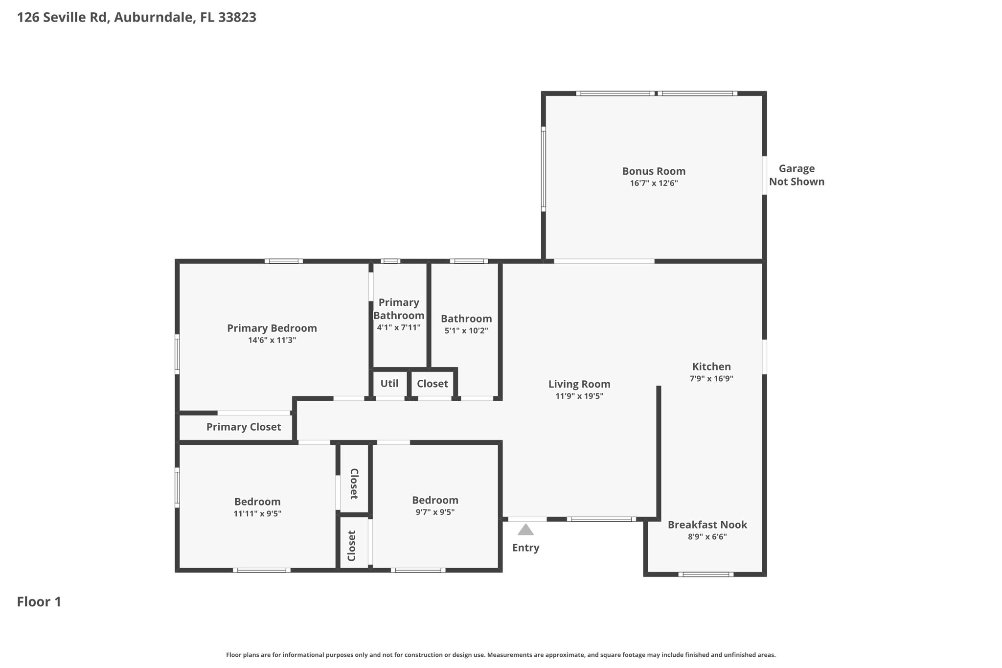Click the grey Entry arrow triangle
click(525, 530)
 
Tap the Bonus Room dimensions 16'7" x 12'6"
click(654, 184)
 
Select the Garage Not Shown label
click(796, 175)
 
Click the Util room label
click(389, 384)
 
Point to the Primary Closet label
click(243, 427)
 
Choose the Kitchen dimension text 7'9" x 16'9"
click(711, 379)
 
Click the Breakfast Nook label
click(707, 525)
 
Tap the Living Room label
click(579, 385)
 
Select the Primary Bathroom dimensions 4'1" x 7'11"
click(398, 328)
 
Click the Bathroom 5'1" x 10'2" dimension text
click(466, 331)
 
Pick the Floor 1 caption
click(39, 602)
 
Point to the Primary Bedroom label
click(272, 328)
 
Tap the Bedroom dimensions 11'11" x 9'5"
click(257, 514)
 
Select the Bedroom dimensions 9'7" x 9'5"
click(435, 512)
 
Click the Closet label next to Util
click(432, 384)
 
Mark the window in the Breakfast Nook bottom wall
click(706, 575)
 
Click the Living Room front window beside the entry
click(601, 519)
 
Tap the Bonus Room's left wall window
click(543, 169)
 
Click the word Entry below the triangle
click(525, 548)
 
